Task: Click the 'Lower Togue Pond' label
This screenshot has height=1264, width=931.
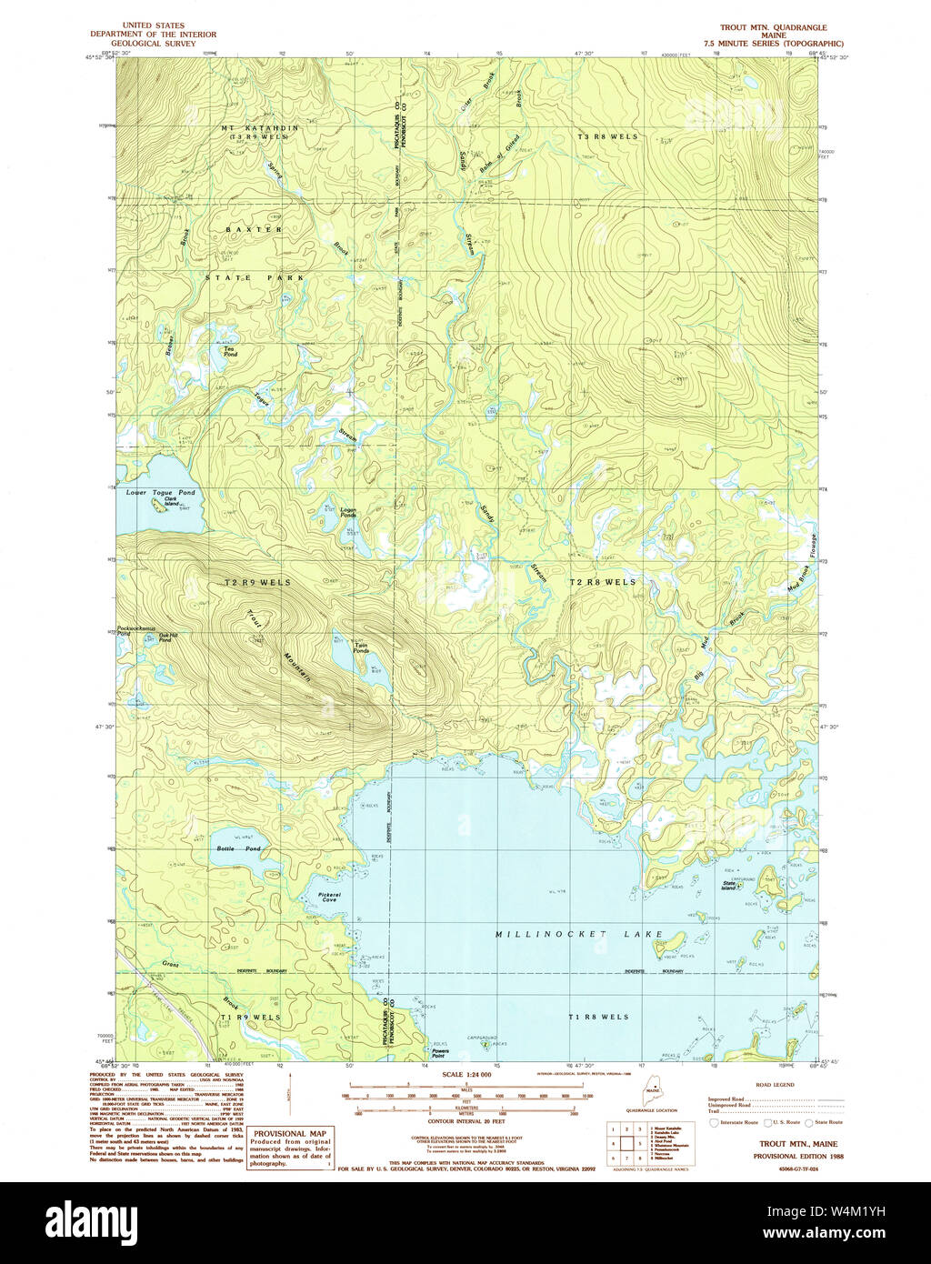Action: [160, 492]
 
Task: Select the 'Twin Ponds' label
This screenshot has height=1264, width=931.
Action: [361, 648]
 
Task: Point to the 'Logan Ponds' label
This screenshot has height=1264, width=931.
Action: [347, 512]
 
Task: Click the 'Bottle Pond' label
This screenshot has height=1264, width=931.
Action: [238, 848]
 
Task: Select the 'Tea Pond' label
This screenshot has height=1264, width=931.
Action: [230, 351]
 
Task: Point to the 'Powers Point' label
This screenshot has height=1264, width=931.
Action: [438, 1053]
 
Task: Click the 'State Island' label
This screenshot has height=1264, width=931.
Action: [728, 885]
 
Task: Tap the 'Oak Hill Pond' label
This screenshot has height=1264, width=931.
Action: [165, 638]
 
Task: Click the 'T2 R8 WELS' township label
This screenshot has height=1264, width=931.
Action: [603, 582]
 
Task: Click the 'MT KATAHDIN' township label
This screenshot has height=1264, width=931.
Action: [260, 128]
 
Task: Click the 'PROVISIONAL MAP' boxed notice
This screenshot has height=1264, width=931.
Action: [290, 1133]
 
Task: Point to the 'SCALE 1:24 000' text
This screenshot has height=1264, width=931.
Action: [466, 1075]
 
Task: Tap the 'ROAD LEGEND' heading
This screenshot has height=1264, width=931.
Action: [775, 1086]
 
